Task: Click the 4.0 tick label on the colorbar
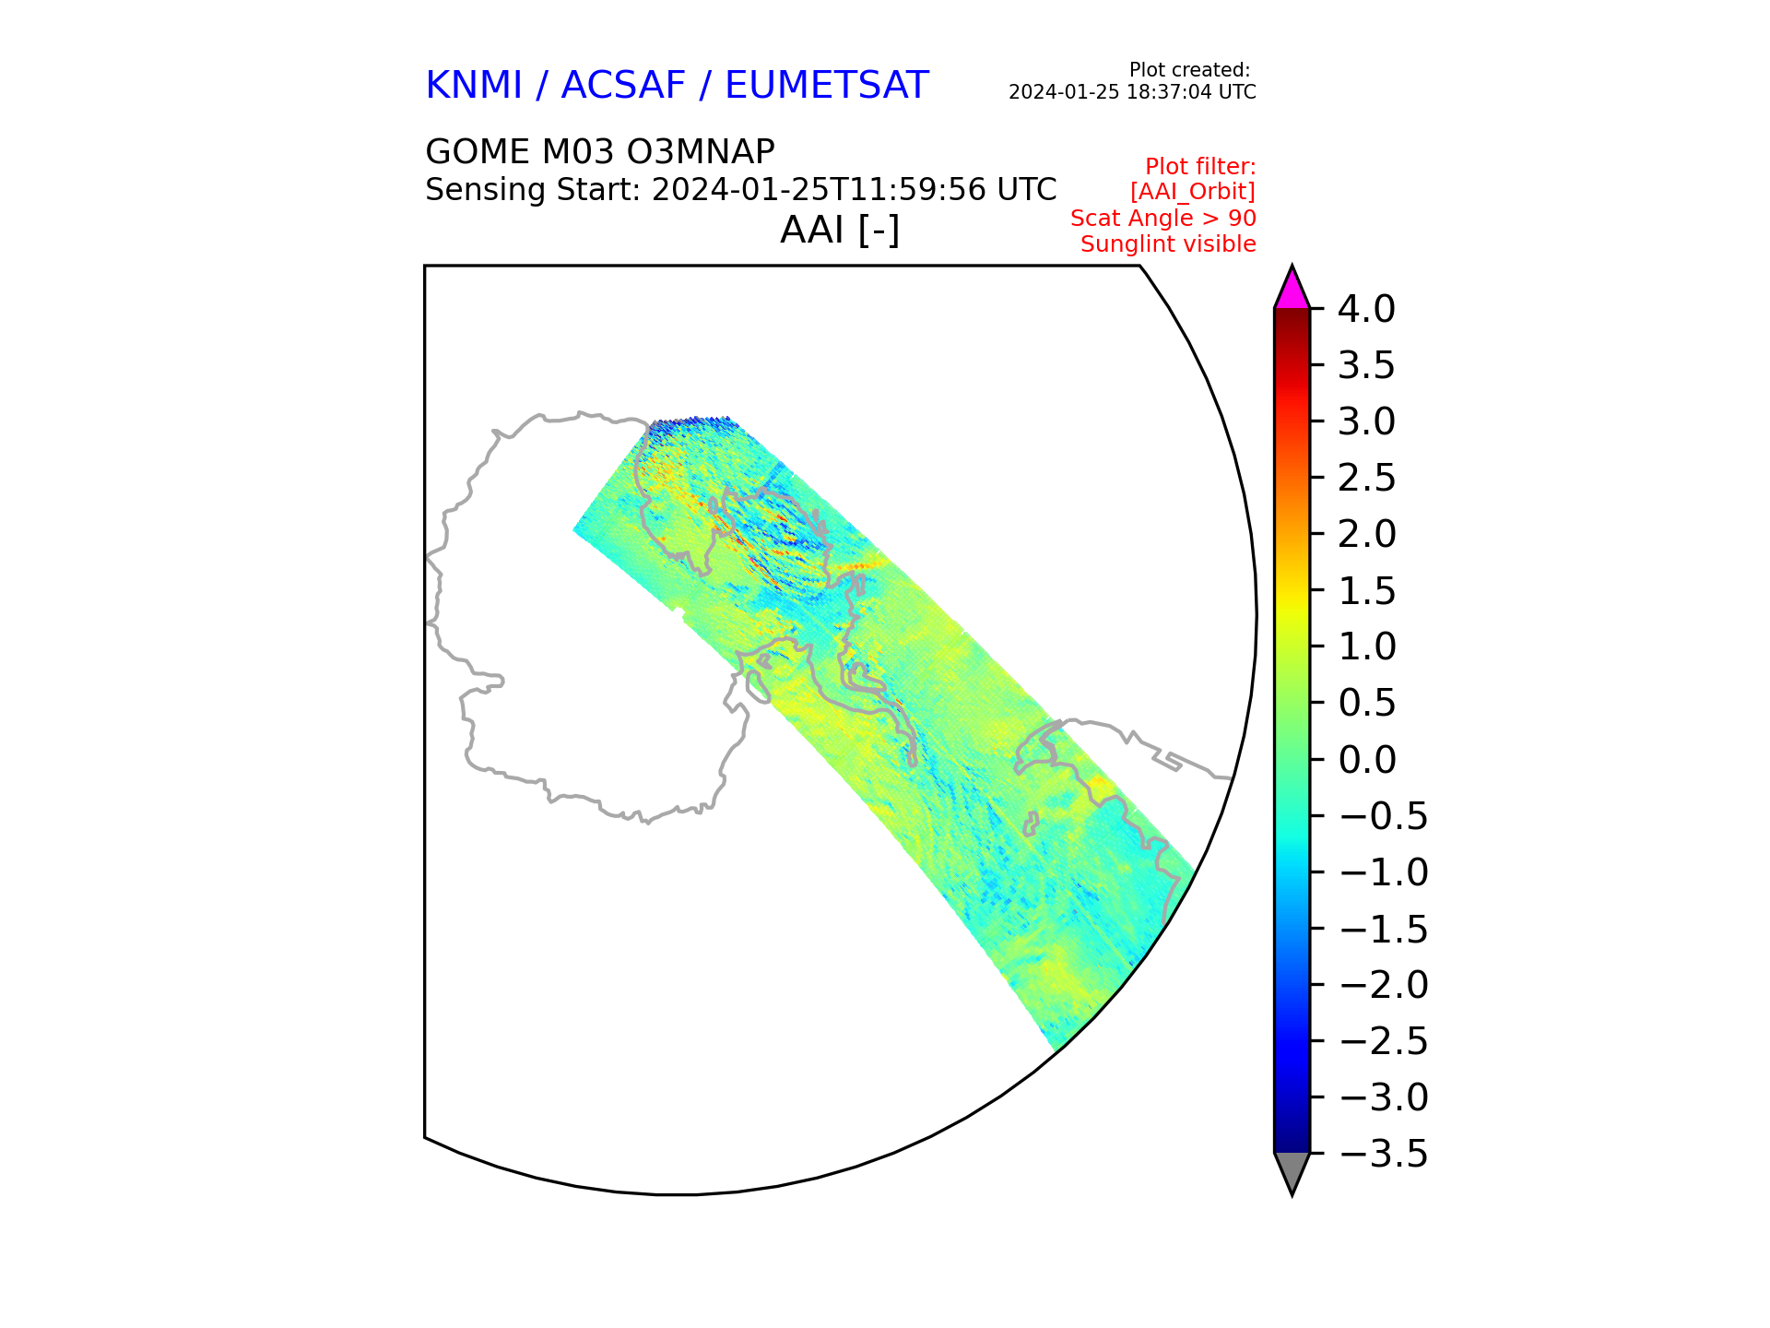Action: pyautogui.click(x=1366, y=309)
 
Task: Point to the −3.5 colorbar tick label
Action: pyautogui.click(x=1383, y=1154)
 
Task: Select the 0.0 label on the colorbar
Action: pyautogui.click(x=1366, y=760)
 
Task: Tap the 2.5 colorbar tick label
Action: pyautogui.click(x=1366, y=478)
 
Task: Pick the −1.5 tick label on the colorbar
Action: pyautogui.click(x=1383, y=929)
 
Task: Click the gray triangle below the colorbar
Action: pyautogui.click(x=1292, y=1170)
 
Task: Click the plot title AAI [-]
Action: pyautogui.click(x=839, y=230)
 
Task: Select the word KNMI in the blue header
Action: pyautogui.click(x=474, y=86)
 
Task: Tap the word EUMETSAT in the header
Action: pyautogui.click(x=826, y=86)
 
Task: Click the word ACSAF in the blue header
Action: pyautogui.click(x=623, y=86)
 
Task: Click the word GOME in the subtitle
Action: pyautogui.click(x=478, y=151)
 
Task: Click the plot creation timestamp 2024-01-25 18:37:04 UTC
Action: pyautogui.click(x=1132, y=92)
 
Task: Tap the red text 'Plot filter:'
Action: pyautogui.click(x=1200, y=167)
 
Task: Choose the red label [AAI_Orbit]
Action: pyautogui.click(x=1193, y=192)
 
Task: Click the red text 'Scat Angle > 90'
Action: pyautogui.click(x=1162, y=219)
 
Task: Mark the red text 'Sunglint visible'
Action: pyautogui.click(x=1168, y=244)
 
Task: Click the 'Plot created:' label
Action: pyautogui.click(x=1189, y=70)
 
